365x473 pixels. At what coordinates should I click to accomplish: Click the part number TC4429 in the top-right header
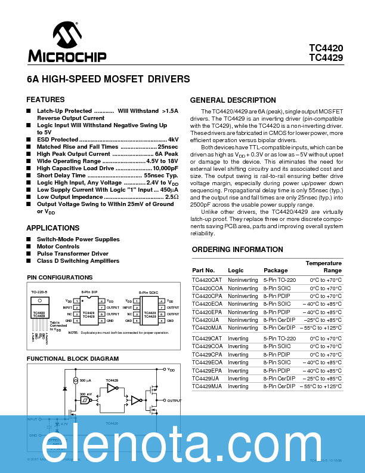pyautogui.click(x=326, y=58)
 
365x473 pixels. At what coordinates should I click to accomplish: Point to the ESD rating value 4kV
pyautogui.click(x=173, y=139)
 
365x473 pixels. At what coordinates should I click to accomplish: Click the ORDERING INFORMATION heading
pyautogui.click(x=232, y=249)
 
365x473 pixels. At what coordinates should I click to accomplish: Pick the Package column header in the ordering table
pyautogui.click(x=276, y=271)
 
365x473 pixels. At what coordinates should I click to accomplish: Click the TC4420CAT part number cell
pyautogui.click(x=207, y=279)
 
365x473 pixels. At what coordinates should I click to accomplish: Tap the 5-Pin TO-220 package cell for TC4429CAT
pyautogui.click(x=279, y=339)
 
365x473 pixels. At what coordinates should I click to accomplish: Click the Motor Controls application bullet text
pyautogui.click(x=58, y=246)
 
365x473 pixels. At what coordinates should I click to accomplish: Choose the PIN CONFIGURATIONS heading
pyautogui.click(x=60, y=277)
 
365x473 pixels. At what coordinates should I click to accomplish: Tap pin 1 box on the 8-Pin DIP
pyautogui.click(x=76, y=300)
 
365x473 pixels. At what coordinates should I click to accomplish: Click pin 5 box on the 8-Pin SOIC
pyautogui.click(x=161, y=321)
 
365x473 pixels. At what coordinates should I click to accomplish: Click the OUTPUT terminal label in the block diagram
pyautogui.click(x=174, y=400)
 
